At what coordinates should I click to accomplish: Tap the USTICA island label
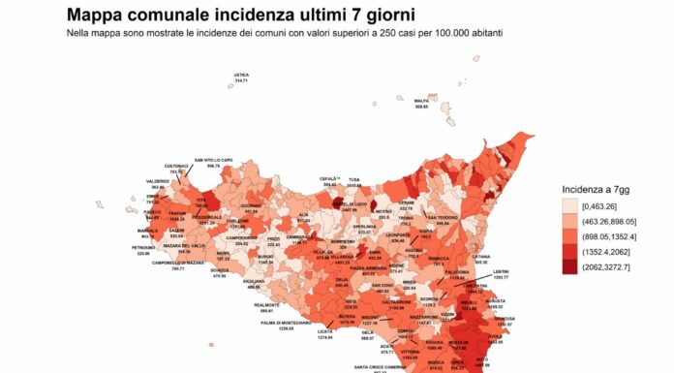[241, 75]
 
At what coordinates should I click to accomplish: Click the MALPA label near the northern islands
[421, 100]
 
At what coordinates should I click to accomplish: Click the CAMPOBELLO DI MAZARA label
[150, 264]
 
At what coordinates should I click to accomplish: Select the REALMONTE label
[266, 305]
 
